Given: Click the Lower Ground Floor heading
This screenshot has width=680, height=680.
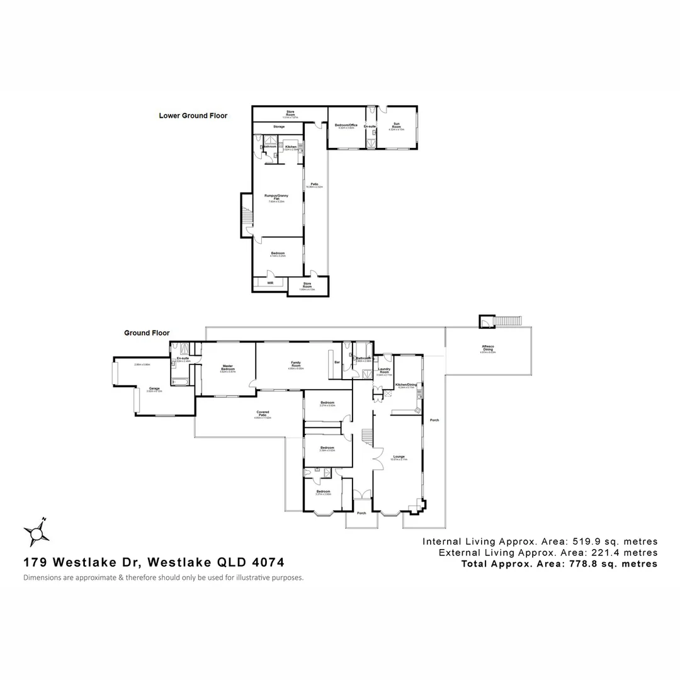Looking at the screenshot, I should [x=193, y=116].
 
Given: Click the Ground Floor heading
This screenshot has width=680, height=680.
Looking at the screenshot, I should [x=147, y=333].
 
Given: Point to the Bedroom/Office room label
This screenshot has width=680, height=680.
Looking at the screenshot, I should [x=346, y=126].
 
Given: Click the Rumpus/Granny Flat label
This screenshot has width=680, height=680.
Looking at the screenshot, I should [x=277, y=198].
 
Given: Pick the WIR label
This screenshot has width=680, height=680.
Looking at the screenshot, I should [x=270, y=283].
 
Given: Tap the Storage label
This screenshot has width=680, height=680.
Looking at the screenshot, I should [x=278, y=127].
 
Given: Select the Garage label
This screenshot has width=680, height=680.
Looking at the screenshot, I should [x=154, y=388].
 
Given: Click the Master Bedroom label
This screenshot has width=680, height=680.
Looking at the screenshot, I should [x=227, y=368].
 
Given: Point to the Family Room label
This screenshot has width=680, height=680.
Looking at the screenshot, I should [x=295, y=364].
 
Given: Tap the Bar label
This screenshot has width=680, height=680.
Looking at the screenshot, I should [x=337, y=363].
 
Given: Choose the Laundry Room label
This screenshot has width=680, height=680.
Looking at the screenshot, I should [x=384, y=371].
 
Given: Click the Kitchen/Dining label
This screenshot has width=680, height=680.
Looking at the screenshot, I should [x=405, y=385].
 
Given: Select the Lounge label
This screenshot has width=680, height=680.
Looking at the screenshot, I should [x=399, y=456].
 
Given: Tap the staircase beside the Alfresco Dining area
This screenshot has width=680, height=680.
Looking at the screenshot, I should [x=507, y=321].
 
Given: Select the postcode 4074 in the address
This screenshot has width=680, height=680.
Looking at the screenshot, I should [x=267, y=562].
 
